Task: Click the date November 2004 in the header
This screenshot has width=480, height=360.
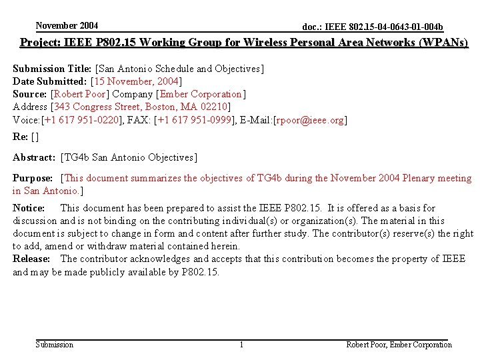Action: pyautogui.click(x=67, y=26)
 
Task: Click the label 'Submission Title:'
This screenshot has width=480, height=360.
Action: pyautogui.click(x=53, y=69)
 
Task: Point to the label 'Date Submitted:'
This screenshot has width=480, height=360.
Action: pyautogui.click(x=50, y=81)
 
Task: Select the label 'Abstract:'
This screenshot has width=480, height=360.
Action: pyautogui.click(x=34, y=157)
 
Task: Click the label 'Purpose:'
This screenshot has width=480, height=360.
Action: pyautogui.click(x=33, y=178)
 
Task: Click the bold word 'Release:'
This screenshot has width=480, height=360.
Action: pyautogui.click(x=31, y=259)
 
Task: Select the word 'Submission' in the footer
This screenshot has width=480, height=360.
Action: pyautogui.click(x=55, y=345)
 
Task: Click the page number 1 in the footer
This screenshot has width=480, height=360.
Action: pyautogui.click(x=241, y=345)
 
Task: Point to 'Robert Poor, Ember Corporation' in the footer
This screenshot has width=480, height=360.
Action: pyautogui.click(x=399, y=345)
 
